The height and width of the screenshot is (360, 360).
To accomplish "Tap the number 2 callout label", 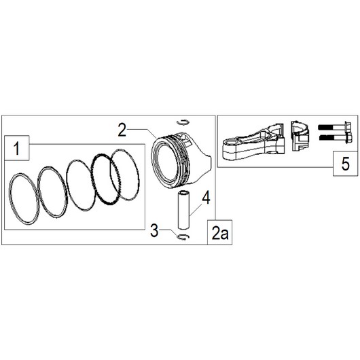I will tap(122, 129).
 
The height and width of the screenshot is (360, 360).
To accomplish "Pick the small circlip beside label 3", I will tap(182, 237).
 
